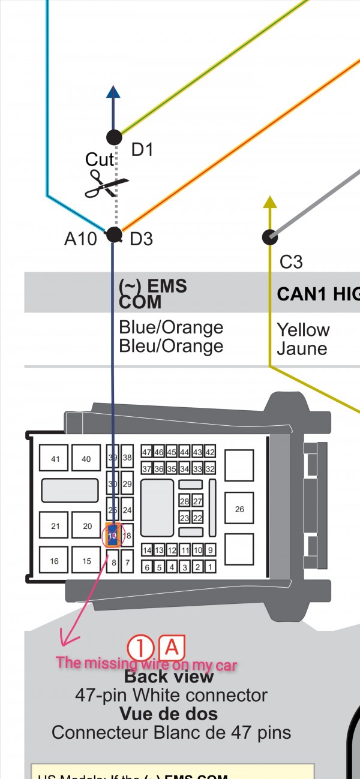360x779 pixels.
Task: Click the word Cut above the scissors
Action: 100,160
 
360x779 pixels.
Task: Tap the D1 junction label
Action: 142,149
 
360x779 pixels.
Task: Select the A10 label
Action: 80,239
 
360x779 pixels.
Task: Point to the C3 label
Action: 292,261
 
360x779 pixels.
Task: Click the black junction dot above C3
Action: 270,237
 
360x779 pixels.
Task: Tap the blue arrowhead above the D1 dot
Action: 113,91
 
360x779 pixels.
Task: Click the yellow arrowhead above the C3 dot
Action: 270,202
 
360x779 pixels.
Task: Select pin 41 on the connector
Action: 55,459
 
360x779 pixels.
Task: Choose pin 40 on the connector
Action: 86,459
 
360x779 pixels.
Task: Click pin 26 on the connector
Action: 239,509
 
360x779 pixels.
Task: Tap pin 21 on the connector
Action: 55,526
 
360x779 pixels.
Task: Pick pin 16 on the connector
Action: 55,561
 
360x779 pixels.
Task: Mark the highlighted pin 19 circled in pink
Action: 113,535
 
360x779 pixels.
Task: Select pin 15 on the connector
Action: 87,561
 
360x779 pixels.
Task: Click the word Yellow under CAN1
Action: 303,330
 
